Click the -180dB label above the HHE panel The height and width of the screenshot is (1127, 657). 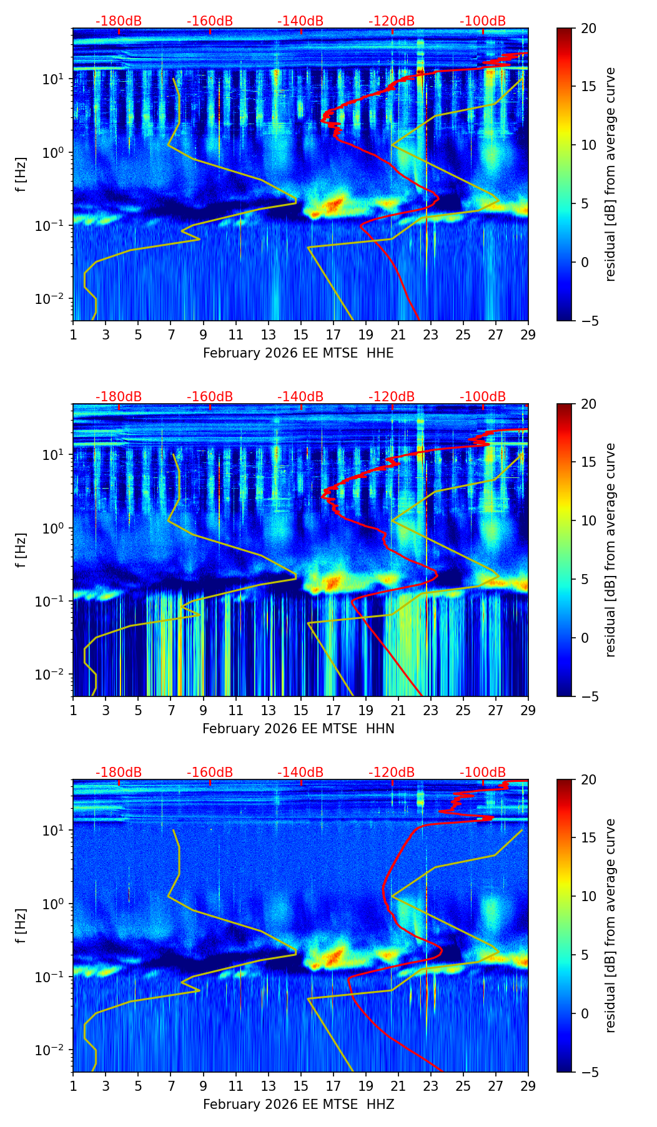(119, 21)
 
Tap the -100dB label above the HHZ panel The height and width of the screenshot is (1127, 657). (483, 773)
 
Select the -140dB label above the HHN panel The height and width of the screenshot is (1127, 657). (300, 397)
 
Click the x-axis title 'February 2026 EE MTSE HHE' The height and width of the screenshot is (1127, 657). (298, 353)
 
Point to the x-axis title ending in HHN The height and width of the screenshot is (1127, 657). (298, 729)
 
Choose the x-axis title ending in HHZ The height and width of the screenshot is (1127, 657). (298, 1105)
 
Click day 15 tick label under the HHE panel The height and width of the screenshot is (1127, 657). (301, 334)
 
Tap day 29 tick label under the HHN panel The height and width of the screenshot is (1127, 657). (528, 710)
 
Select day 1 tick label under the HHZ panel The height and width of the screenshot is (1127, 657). (73, 1086)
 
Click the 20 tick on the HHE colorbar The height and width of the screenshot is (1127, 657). (588, 28)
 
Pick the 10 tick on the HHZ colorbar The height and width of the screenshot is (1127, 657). (588, 896)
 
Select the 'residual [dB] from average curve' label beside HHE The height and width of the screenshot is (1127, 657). (611, 174)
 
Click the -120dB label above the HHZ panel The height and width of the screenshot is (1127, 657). (392, 773)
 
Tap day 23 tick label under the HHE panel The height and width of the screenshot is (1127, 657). (431, 334)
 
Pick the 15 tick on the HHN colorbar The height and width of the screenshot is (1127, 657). (588, 462)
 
